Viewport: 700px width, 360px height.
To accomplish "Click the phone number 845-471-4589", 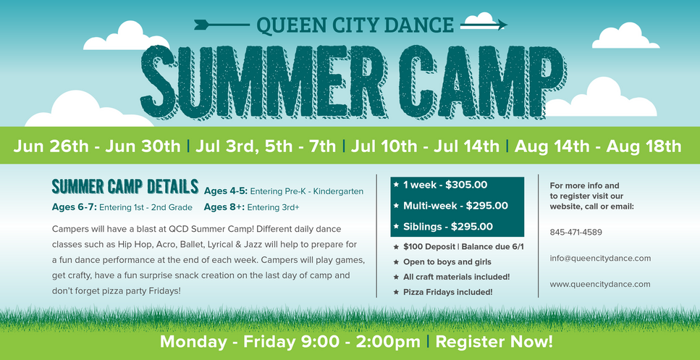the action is [576, 233].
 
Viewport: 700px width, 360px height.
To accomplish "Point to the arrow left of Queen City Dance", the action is [222, 24].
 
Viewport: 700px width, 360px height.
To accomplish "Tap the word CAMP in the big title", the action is [482, 82].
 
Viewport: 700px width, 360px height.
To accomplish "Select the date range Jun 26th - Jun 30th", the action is [97, 146].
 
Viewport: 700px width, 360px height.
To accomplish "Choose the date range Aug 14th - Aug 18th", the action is [598, 146].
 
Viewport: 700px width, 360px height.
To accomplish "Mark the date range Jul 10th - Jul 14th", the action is [424, 146].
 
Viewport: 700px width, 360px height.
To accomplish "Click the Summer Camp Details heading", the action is [125, 187].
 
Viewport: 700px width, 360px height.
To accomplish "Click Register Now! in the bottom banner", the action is [494, 342].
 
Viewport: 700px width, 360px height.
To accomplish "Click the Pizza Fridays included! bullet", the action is [448, 292].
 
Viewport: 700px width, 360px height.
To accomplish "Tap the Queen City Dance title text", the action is [355, 25].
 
